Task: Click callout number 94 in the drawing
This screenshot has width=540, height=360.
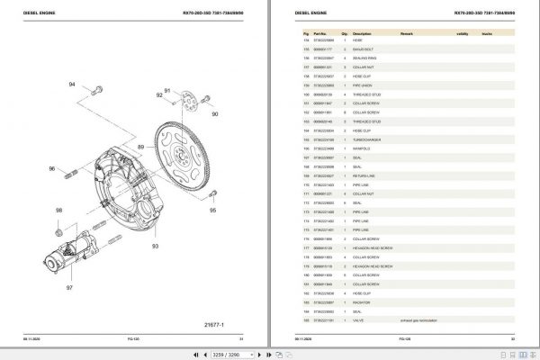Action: tap(73, 84)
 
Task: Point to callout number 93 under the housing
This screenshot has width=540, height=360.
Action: tap(155, 245)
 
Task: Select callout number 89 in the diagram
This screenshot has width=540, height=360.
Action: tap(139, 145)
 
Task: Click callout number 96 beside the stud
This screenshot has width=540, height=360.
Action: tap(52, 168)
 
